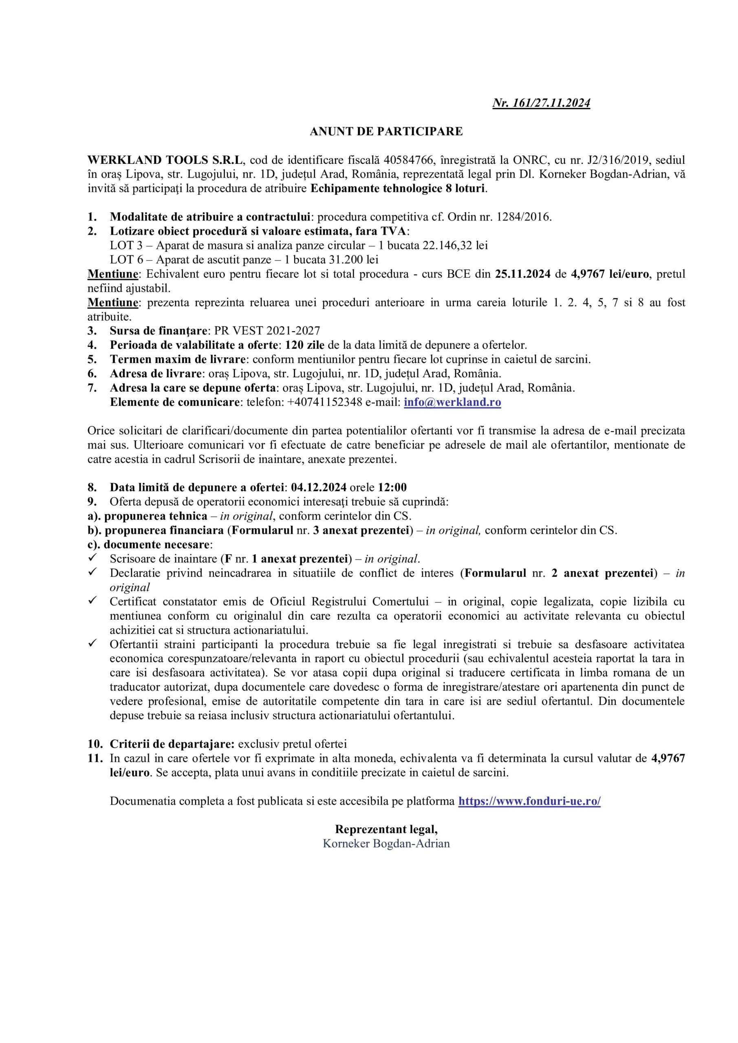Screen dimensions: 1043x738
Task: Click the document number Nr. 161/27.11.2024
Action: click(x=541, y=103)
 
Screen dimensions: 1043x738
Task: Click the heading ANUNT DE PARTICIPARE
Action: click(x=386, y=132)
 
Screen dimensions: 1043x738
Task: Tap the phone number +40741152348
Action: click(x=324, y=402)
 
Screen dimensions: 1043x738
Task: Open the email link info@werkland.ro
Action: click(x=452, y=402)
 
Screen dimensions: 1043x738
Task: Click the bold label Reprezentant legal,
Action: click(x=386, y=829)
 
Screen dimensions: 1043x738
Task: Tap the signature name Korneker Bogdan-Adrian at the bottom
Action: click(x=386, y=844)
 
